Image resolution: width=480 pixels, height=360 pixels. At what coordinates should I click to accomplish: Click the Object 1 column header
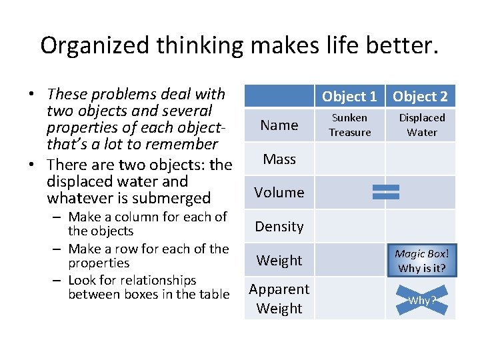(x=349, y=97)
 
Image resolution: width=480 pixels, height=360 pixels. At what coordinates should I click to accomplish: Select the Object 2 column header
(x=420, y=97)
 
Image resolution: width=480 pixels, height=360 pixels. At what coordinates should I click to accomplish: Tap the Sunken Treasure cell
(x=350, y=125)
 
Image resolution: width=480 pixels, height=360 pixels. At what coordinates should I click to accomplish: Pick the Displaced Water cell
(x=421, y=125)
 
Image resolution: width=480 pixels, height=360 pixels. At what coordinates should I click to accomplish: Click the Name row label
(x=279, y=125)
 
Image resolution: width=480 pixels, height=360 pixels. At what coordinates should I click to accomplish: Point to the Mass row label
(x=279, y=159)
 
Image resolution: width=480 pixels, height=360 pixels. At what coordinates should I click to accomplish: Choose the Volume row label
(x=279, y=193)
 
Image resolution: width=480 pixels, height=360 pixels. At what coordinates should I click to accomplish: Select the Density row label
(x=279, y=227)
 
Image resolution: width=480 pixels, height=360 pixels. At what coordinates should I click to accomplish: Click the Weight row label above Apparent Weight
(x=279, y=261)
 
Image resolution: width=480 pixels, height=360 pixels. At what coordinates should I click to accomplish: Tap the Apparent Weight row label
(x=279, y=299)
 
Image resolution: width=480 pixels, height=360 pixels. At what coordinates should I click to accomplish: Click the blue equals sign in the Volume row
(x=386, y=192)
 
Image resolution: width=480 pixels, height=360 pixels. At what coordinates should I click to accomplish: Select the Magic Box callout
(x=421, y=261)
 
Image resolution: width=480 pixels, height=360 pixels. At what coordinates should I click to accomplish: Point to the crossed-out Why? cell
(x=421, y=300)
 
